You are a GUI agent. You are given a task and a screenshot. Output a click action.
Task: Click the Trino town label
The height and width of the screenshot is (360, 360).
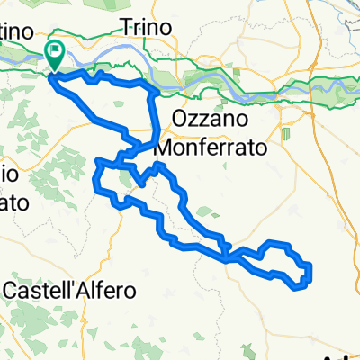click(145, 28)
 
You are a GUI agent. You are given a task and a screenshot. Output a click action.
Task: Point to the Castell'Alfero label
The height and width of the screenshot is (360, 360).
click(70, 291)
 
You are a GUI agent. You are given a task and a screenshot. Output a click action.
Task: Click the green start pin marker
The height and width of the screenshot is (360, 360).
click(55, 55)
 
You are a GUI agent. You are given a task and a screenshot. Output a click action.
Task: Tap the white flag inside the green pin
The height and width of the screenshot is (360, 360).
click(55, 51)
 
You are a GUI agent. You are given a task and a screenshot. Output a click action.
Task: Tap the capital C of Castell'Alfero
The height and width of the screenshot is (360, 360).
click(13, 291)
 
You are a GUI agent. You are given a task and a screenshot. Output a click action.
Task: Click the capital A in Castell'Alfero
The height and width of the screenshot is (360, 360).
click(86, 291)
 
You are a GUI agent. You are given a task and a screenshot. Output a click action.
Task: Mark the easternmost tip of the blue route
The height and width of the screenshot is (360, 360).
click(310, 272)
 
